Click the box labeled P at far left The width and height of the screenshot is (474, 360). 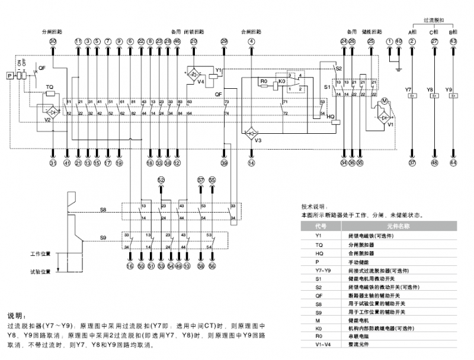9,76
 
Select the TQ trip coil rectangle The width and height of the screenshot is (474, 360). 50,93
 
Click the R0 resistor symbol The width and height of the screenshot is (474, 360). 264,84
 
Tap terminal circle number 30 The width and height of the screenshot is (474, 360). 53,41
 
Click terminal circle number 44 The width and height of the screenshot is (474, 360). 453,162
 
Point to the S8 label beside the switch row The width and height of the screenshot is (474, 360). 103,210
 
